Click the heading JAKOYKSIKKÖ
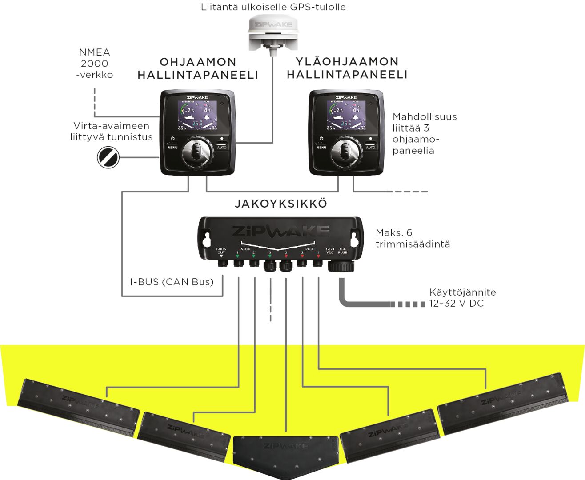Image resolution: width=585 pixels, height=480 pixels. (x=281, y=204)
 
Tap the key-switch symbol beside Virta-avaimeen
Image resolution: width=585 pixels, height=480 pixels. (x=108, y=157)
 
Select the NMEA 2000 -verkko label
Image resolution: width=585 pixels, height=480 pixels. (x=94, y=64)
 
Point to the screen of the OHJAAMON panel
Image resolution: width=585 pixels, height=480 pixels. (x=197, y=116)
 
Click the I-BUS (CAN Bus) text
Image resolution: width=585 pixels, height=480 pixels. (x=172, y=282)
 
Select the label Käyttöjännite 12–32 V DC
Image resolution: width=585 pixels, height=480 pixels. (x=462, y=298)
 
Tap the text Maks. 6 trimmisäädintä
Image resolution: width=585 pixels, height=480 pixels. (x=413, y=238)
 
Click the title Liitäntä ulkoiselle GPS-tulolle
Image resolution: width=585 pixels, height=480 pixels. (x=273, y=7)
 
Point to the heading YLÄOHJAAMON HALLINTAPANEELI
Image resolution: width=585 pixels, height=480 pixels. (x=347, y=68)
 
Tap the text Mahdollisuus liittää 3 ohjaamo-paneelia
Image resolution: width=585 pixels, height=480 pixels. (x=424, y=133)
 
